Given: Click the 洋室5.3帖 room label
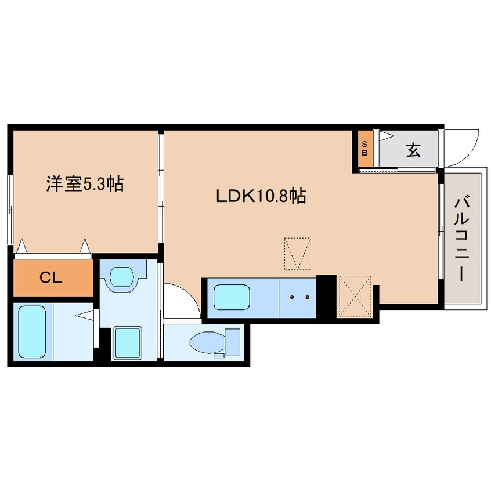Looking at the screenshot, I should pos(85,185).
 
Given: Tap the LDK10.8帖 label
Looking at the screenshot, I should pos(261,196).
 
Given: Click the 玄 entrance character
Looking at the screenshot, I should pos(413,150).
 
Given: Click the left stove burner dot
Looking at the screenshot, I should pos(293,298).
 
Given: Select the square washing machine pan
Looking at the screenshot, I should pos(128,342).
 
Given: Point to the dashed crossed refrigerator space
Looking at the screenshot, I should pos(354,297).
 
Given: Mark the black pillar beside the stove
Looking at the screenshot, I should pos(326,296).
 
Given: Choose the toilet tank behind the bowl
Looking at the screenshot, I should pos(233,342).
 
